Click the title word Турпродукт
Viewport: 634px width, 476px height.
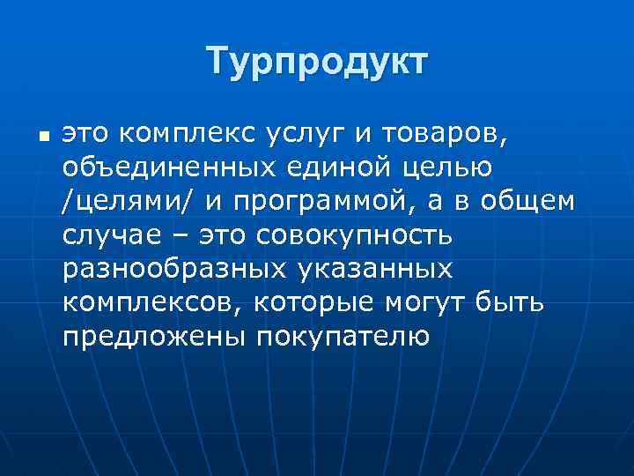pos(317,63)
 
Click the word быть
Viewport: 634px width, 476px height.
pos(511,303)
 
